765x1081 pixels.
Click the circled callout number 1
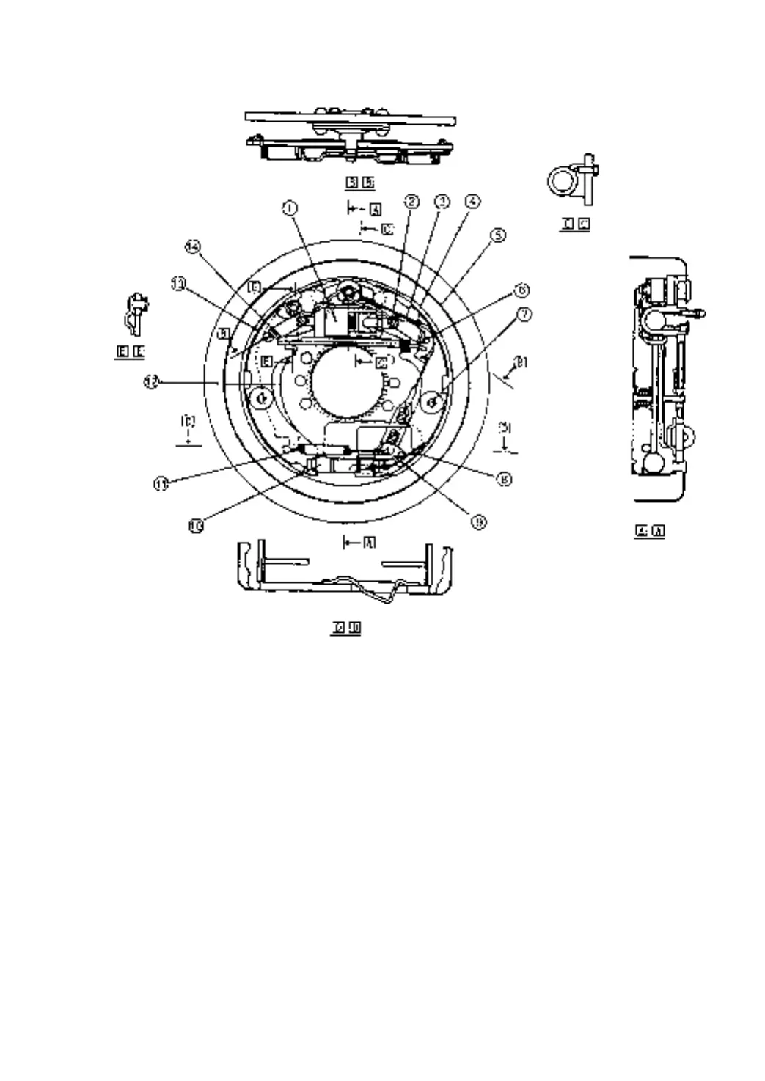tap(290, 208)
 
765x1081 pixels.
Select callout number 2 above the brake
tap(412, 201)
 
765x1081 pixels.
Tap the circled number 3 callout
tap(442, 201)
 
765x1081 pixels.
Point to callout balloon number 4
tap(473, 200)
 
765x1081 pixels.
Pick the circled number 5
tap(497, 236)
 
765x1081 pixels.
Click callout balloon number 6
tap(521, 290)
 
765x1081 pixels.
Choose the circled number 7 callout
tap(525, 315)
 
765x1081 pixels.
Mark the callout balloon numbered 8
tap(504, 479)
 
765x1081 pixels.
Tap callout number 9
tap(477, 522)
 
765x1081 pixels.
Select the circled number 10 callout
tap(197, 526)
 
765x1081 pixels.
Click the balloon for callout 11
tap(161, 483)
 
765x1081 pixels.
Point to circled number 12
tap(150, 382)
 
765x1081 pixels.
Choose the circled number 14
tap(192, 247)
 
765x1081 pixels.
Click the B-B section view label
tap(360, 183)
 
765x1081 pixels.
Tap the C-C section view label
tap(575, 224)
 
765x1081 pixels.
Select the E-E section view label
tap(131, 353)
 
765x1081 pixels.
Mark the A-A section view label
tap(650, 531)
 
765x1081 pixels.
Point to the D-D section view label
tap(345, 628)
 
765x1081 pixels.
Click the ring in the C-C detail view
tap(562, 178)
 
